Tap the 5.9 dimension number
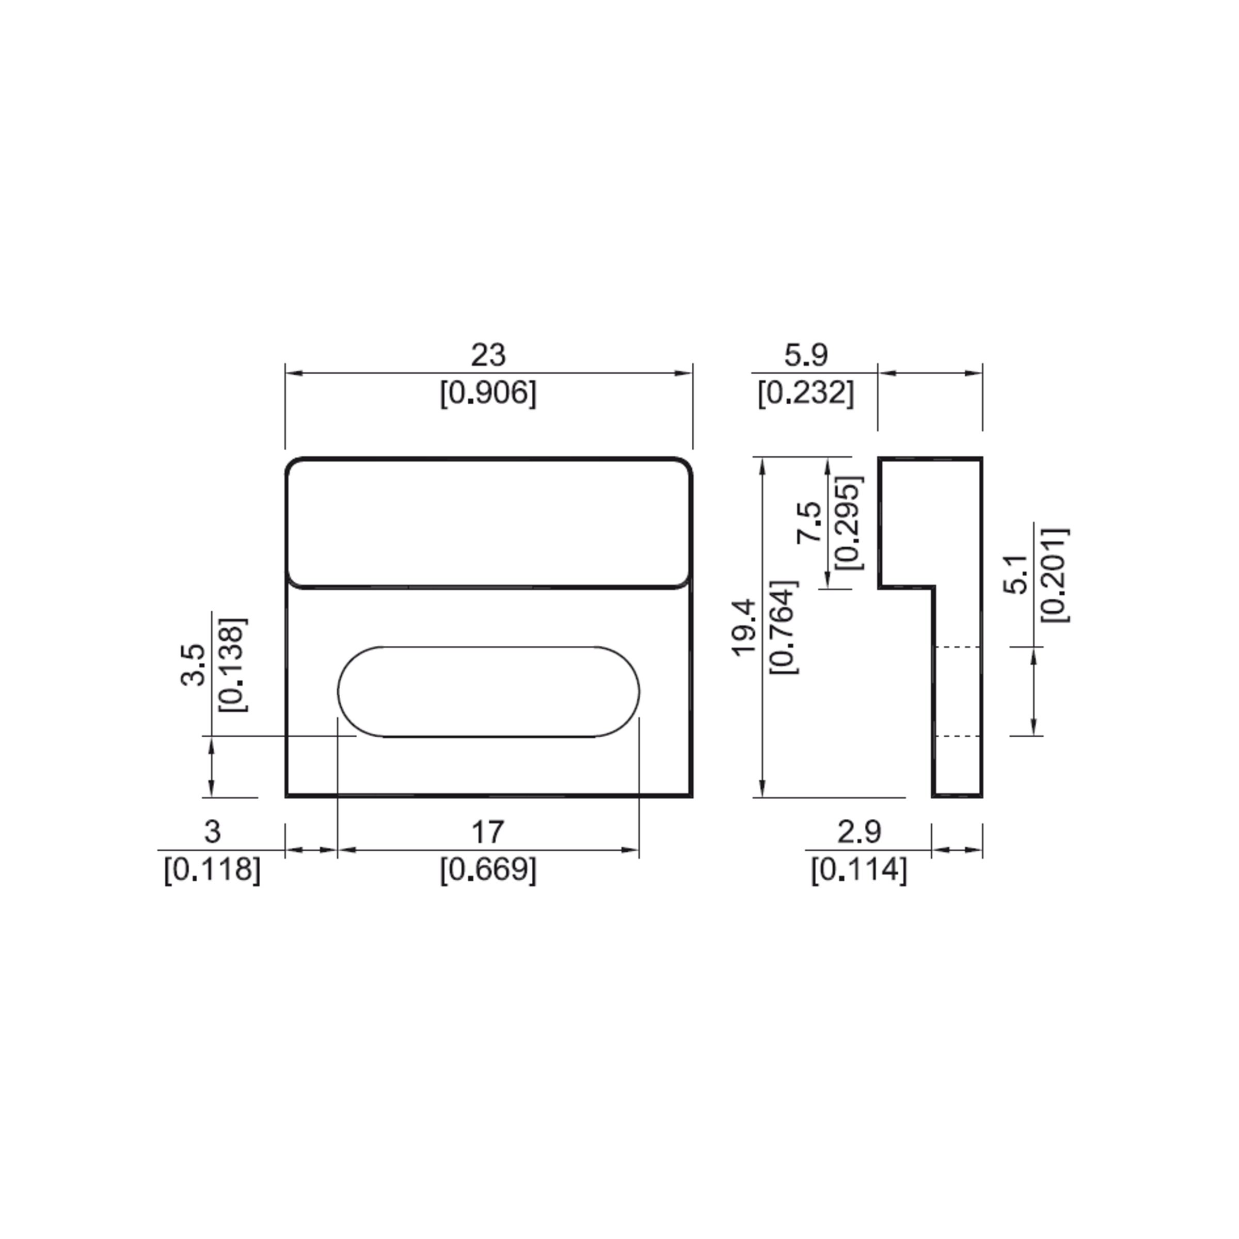coord(806,355)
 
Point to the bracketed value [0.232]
coord(806,392)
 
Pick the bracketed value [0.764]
coord(784,627)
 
